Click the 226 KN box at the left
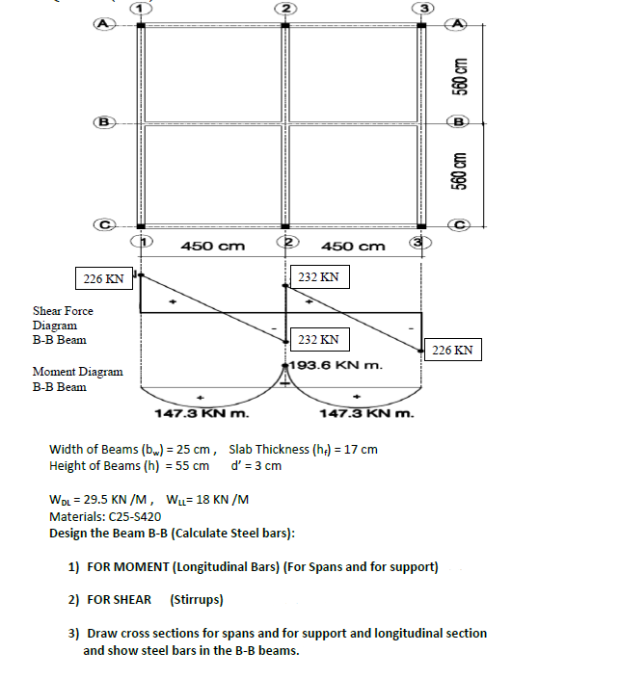tap(103, 279)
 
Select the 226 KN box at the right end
tap(452, 350)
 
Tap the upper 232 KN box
tap(318, 277)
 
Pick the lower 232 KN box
tap(318, 340)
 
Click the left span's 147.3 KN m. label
tap(202, 414)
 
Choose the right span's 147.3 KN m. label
tap(365, 414)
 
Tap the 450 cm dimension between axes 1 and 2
tap(212, 246)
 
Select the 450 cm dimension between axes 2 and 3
tap(353, 246)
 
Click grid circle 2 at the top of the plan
tap(284, 8)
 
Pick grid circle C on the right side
tap(461, 225)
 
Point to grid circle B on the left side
tap(98, 122)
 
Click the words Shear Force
tap(63, 311)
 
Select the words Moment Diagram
tap(77, 372)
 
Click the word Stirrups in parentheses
tap(197, 599)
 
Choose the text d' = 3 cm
tap(256, 466)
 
